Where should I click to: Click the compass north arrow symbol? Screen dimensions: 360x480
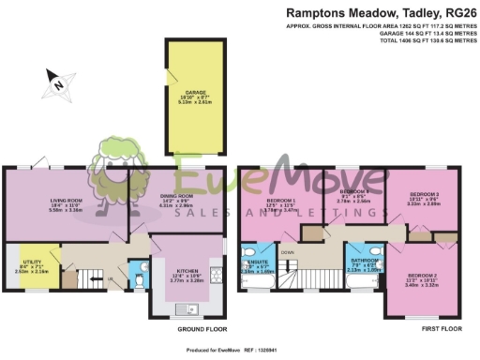click(58, 83)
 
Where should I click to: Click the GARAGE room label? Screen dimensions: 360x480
click(193, 95)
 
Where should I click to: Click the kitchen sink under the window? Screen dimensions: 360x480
click(186, 305)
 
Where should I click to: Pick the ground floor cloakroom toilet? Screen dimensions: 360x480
click(138, 278)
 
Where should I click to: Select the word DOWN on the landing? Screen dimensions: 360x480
click(288, 252)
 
